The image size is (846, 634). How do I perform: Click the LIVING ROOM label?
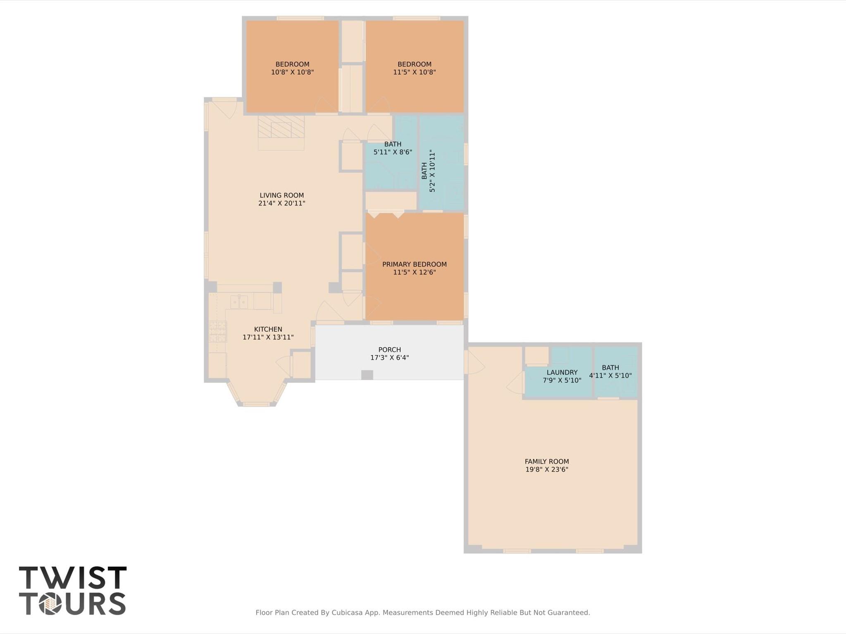[281, 195]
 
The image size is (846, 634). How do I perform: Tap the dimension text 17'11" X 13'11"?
[268, 337]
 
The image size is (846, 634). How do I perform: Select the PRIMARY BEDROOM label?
[414, 264]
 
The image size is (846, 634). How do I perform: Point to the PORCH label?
[389, 349]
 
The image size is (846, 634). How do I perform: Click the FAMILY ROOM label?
[546, 461]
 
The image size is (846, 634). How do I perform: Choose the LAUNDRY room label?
[562, 372]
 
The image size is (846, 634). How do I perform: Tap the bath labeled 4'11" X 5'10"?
[610, 372]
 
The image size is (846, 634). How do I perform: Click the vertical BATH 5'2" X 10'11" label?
[428, 171]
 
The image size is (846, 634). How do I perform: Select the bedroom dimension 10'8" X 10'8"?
[292, 72]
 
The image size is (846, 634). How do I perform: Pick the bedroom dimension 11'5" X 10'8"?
[414, 72]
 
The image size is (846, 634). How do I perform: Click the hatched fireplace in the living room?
[281, 127]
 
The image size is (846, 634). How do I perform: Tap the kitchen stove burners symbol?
[217, 332]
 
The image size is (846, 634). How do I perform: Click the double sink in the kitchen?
[239, 302]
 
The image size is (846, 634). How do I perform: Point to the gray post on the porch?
[367, 375]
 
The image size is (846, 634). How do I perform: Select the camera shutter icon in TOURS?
[50, 604]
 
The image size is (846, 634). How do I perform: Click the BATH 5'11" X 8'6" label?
[392, 148]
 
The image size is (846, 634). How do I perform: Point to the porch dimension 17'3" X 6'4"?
[389, 358]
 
